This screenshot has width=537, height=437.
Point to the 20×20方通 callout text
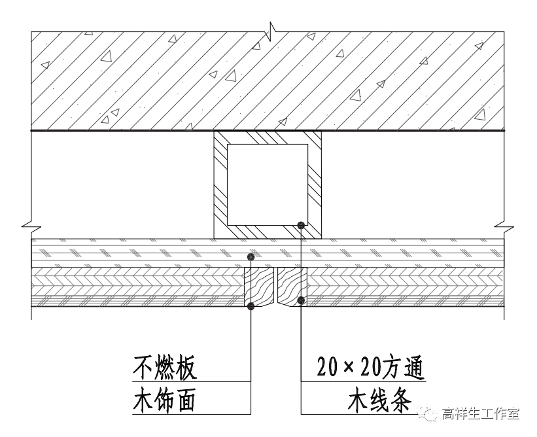(370, 369)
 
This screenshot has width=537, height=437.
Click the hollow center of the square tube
(268, 184)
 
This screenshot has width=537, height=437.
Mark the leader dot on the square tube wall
(300, 226)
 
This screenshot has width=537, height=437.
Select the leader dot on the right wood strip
(300, 300)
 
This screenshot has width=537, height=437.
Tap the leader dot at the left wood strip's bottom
(251, 306)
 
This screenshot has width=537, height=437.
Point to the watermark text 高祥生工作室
(480, 413)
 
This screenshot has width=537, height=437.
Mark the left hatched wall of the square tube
(220, 184)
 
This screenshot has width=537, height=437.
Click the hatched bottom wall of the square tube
(268, 231)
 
